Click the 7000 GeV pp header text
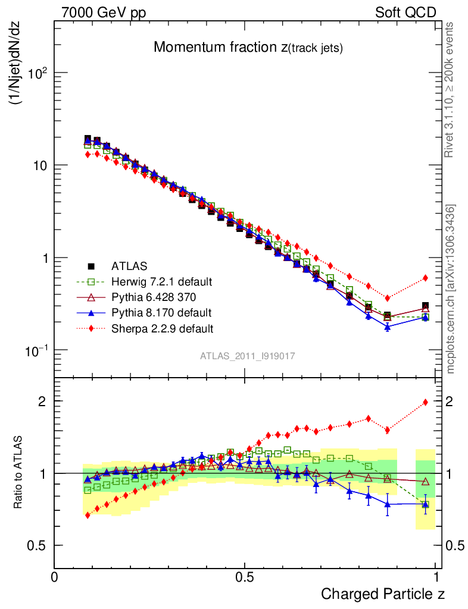point(104,12)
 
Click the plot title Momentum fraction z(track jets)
point(248,48)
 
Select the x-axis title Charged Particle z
point(383,594)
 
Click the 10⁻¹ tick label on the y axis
point(35,351)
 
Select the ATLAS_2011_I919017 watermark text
point(248,356)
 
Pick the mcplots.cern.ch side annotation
point(451,289)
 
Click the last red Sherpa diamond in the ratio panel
point(425,403)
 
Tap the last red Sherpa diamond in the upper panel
point(425,278)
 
